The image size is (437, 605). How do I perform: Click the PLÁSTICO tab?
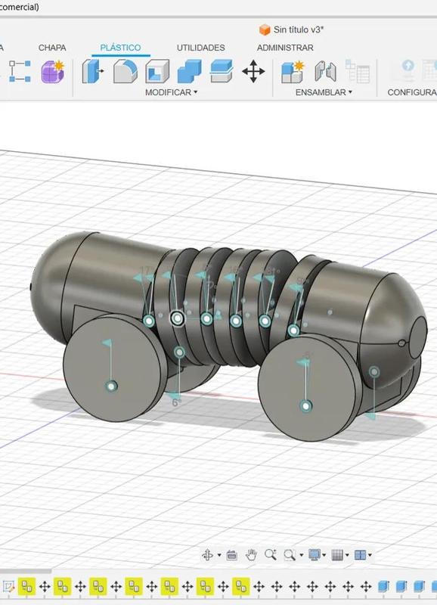pyautogui.click(x=120, y=48)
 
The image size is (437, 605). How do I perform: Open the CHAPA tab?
pyautogui.click(x=52, y=48)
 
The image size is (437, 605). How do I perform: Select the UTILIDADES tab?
pyautogui.click(x=200, y=48)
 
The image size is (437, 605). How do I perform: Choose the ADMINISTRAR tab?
pyautogui.click(x=285, y=48)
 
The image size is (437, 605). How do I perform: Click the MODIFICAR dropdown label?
pyautogui.click(x=171, y=92)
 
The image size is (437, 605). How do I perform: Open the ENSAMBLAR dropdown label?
pyautogui.click(x=324, y=92)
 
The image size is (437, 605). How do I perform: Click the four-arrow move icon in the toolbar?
pyautogui.click(x=253, y=72)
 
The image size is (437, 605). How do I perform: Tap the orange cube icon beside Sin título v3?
pyautogui.click(x=265, y=29)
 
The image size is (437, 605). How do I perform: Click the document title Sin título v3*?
pyautogui.click(x=299, y=29)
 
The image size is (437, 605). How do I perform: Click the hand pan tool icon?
pyautogui.click(x=251, y=555)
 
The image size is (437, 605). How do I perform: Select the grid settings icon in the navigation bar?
pyautogui.click(x=337, y=555)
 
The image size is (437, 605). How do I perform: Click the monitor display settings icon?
pyautogui.click(x=315, y=555)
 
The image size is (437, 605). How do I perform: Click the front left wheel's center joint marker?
pyautogui.click(x=111, y=386)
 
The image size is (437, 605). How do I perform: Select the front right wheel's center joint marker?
pyautogui.click(x=305, y=406)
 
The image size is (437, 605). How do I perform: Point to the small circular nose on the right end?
pyautogui.click(x=418, y=331)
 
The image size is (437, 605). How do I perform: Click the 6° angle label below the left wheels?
pyautogui.click(x=176, y=403)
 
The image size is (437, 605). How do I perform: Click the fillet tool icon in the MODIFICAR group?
pyautogui.click(x=125, y=72)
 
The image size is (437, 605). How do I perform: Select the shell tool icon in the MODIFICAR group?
pyautogui.click(x=157, y=72)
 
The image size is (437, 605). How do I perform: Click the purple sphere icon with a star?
pyautogui.click(x=53, y=72)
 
